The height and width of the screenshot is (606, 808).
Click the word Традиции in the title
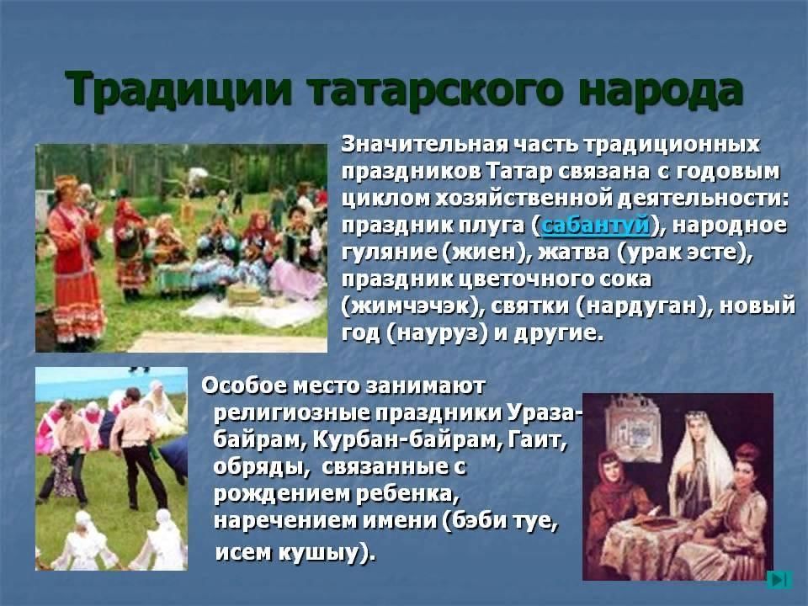coord(178,90)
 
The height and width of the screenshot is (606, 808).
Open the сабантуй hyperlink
coord(595,226)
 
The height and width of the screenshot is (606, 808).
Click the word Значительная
coord(424,145)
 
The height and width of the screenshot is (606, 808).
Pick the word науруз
coord(437,333)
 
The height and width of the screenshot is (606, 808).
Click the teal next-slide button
coord(779,580)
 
